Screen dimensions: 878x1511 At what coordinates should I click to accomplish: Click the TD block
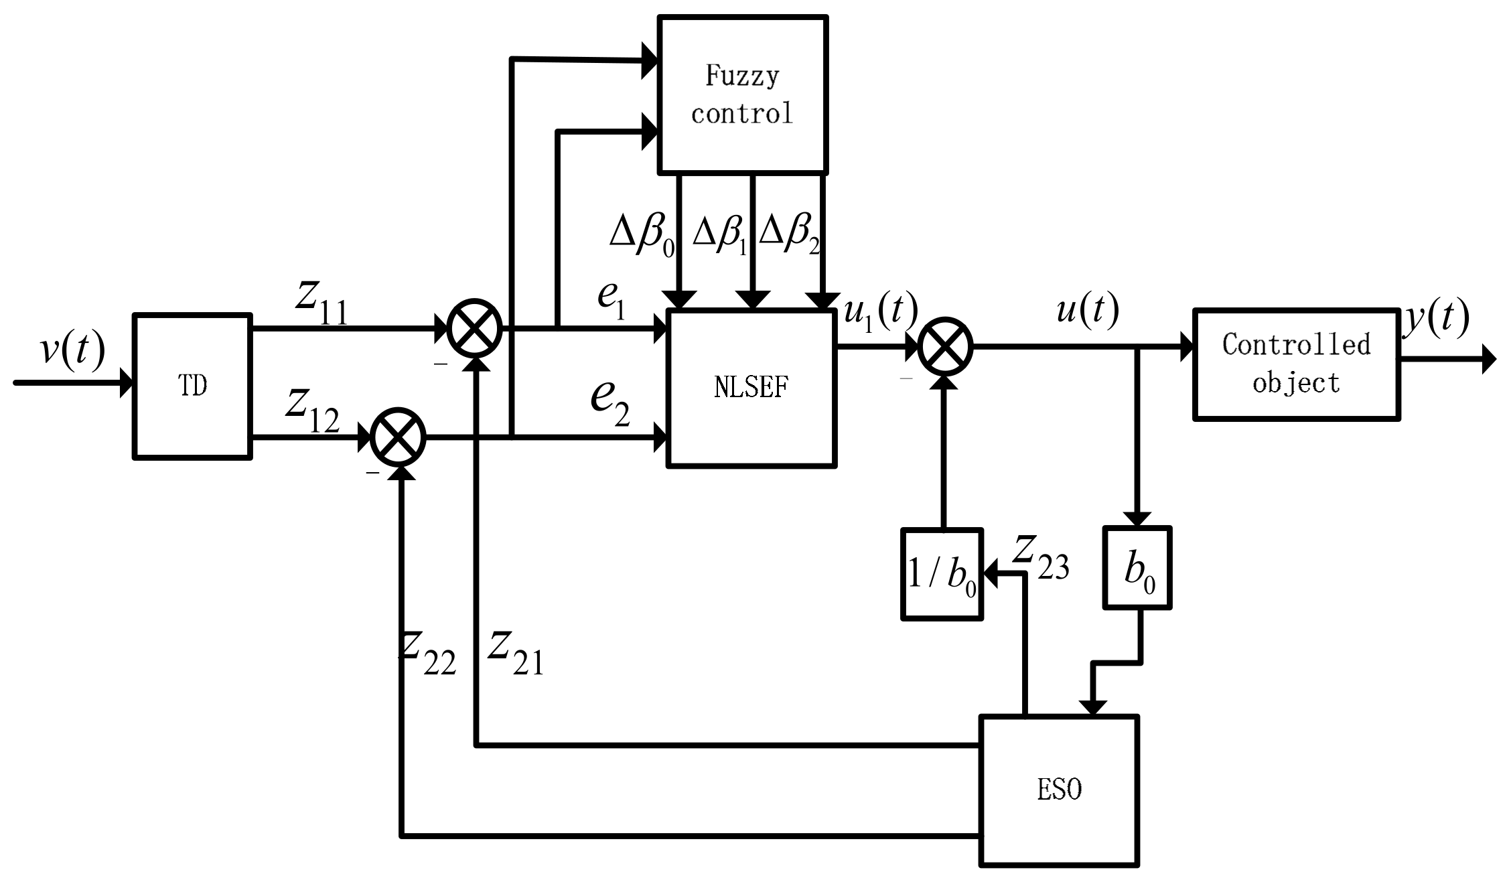193,386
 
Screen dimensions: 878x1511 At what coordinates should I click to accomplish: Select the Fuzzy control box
743,95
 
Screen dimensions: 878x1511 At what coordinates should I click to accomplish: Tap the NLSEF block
751,388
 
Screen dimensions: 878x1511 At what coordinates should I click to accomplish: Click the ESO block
1059,790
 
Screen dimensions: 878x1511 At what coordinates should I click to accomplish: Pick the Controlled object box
1296,364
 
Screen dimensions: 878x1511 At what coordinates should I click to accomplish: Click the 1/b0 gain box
942,575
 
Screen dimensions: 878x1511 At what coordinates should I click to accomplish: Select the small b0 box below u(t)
1137,568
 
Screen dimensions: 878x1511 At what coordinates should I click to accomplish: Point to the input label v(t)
72,350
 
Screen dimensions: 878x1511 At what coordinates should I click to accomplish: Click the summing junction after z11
474,327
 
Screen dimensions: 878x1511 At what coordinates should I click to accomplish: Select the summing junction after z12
399,437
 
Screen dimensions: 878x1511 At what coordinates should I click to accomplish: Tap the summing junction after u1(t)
944,346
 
